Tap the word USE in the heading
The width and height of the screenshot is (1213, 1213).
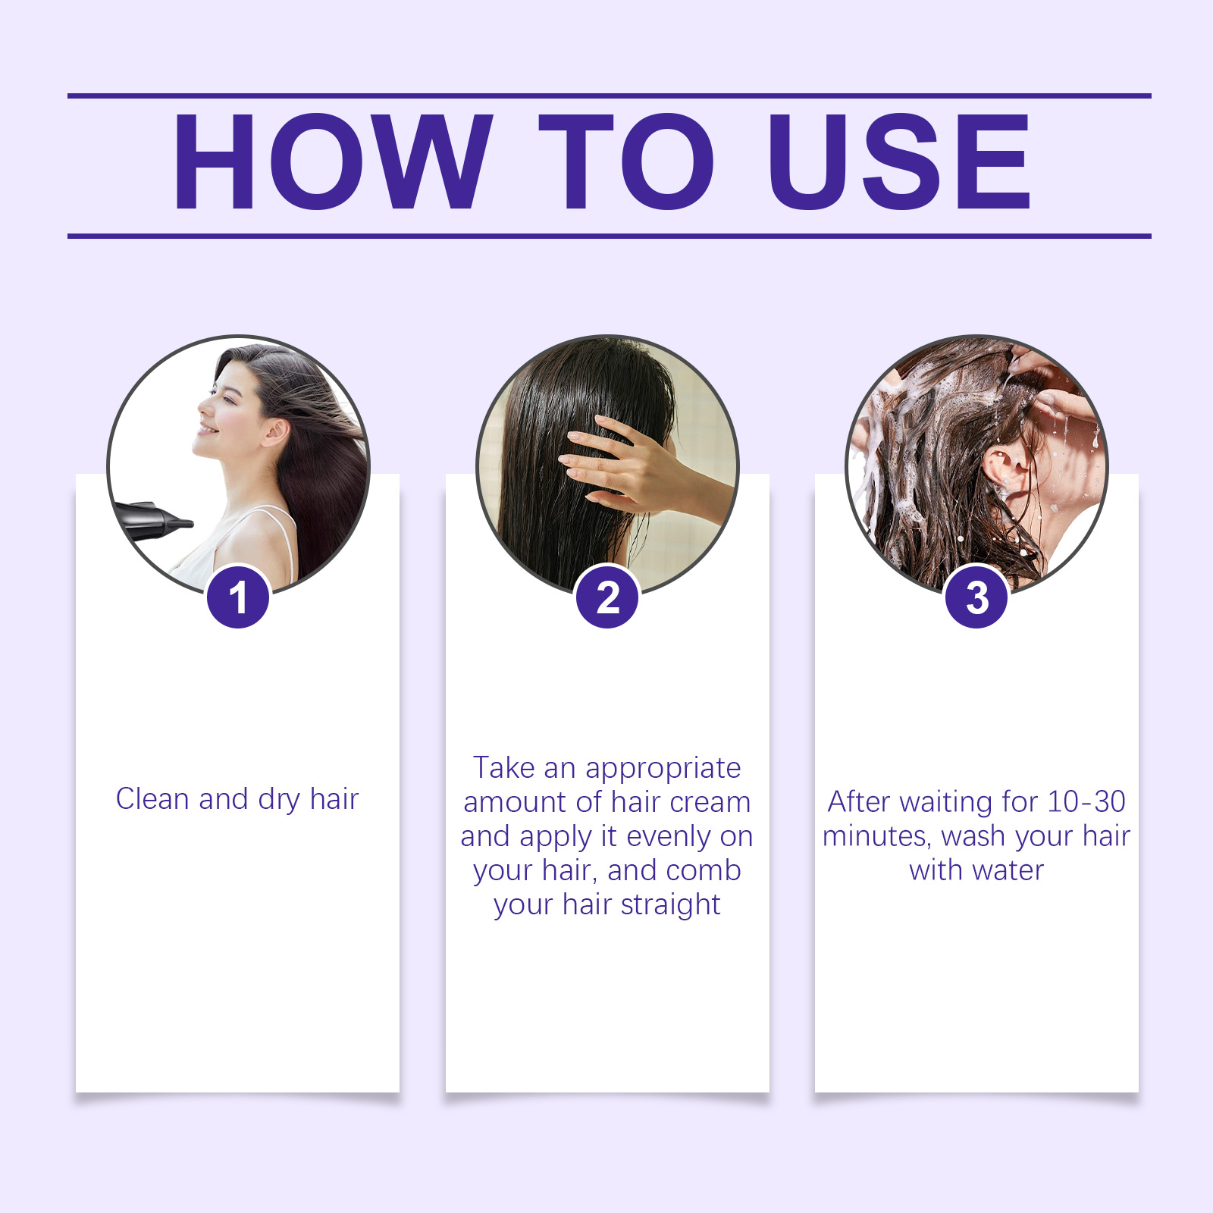(x=899, y=161)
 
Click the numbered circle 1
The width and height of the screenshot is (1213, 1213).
(x=238, y=597)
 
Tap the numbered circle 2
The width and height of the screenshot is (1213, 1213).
(x=607, y=597)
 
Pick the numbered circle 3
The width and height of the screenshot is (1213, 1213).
(x=976, y=597)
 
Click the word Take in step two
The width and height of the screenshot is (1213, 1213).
(x=503, y=768)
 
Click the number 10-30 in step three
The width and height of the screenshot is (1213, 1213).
(x=1086, y=802)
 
